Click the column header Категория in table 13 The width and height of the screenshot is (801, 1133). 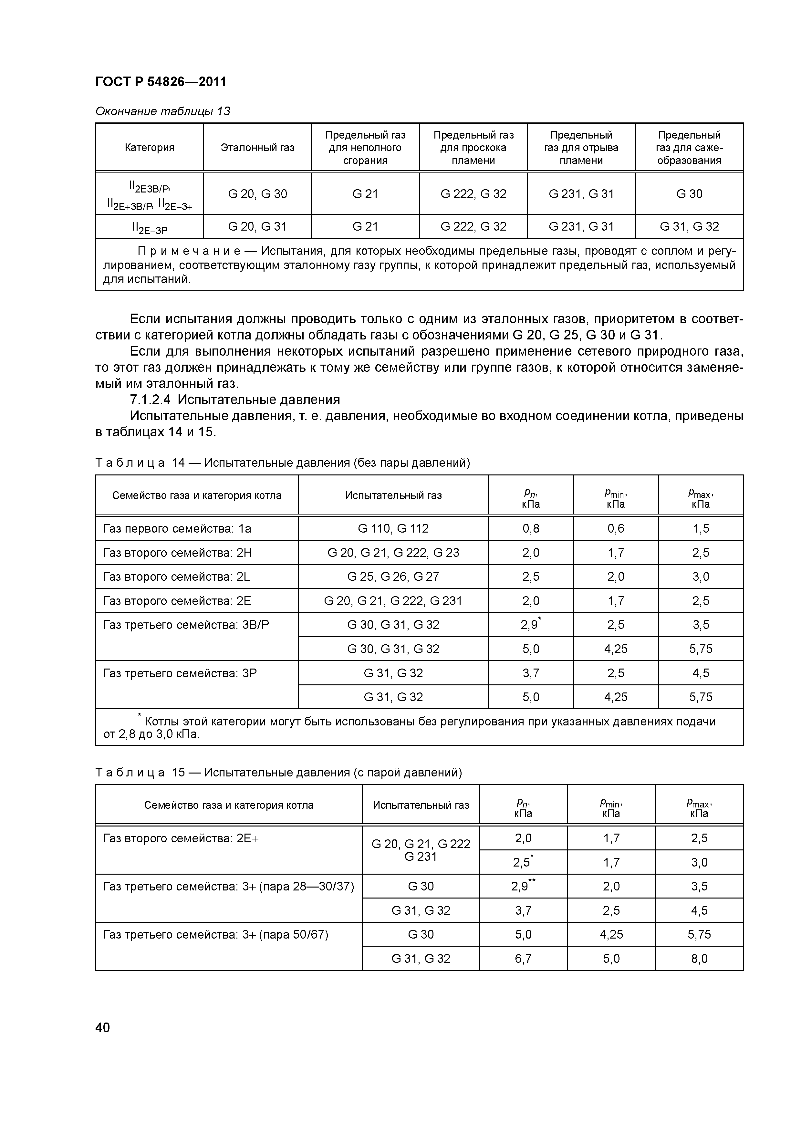coord(150,148)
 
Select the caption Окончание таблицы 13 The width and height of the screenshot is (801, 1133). coord(162,111)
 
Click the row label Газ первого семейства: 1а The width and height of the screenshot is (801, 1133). coord(177,528)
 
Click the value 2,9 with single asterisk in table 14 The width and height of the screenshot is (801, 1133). coord(530,625)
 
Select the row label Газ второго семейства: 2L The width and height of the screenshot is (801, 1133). coord(177,577)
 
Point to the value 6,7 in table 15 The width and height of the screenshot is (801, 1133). coord(523,958)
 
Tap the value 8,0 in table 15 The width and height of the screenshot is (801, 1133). coord(699,958)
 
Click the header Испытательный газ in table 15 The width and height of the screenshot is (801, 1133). coord(421,805)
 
